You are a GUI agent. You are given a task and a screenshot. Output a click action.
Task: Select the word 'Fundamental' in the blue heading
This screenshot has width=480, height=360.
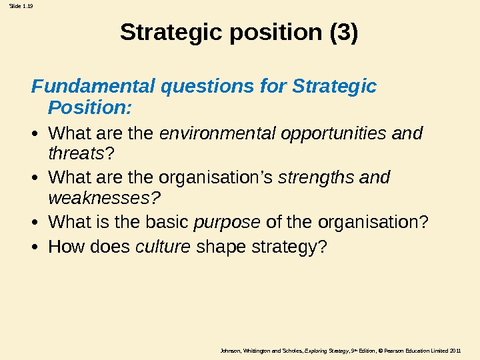pos(91,87)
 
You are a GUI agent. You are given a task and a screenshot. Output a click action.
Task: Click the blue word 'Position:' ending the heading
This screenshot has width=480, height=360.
pos(91,107)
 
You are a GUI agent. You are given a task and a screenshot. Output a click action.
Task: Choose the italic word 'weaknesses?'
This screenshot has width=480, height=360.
pos(106,199)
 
